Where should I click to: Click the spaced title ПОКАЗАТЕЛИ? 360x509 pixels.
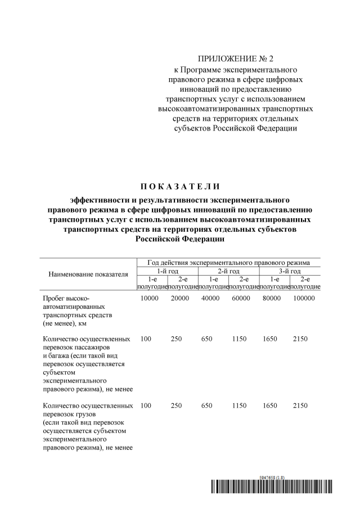click(180, 187)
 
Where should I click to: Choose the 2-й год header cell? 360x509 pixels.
click(228, 271)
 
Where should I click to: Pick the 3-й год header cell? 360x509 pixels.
click(290, 271)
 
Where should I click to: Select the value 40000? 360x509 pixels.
click(210, 299)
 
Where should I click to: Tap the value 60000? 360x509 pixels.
click(241, 299)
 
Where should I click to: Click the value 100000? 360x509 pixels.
click(304, 299)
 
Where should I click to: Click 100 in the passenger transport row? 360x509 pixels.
click(146, 339)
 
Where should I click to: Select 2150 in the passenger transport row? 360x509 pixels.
click(301, 339)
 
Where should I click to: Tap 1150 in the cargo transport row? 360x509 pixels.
click(240, 406)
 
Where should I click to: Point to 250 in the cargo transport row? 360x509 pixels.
click(177, 406)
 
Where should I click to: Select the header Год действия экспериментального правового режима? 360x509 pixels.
click(228, 263)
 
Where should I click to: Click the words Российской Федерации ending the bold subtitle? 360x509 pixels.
click(179, 239)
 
